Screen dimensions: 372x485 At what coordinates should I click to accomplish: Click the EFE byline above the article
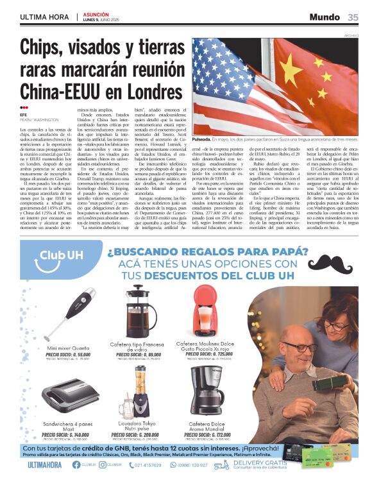pos(24,115)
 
